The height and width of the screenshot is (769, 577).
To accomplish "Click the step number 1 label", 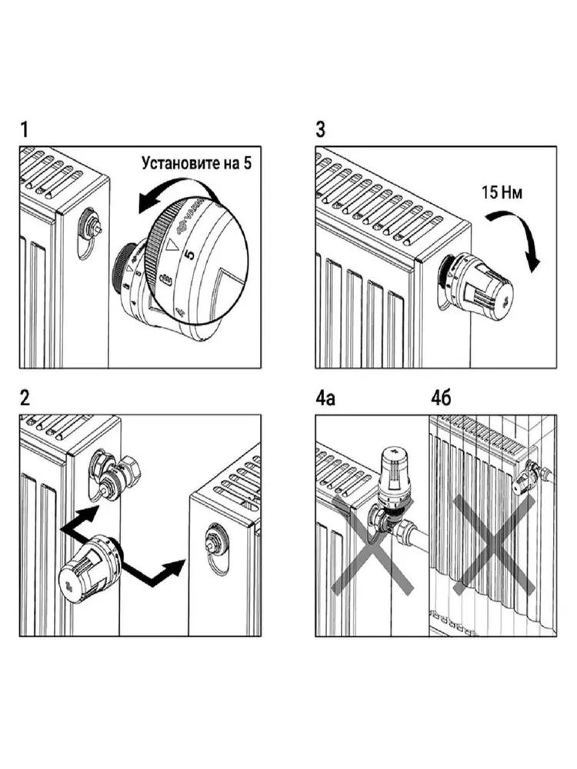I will pos(25,130).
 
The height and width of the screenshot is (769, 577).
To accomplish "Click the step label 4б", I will pos(440,398).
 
